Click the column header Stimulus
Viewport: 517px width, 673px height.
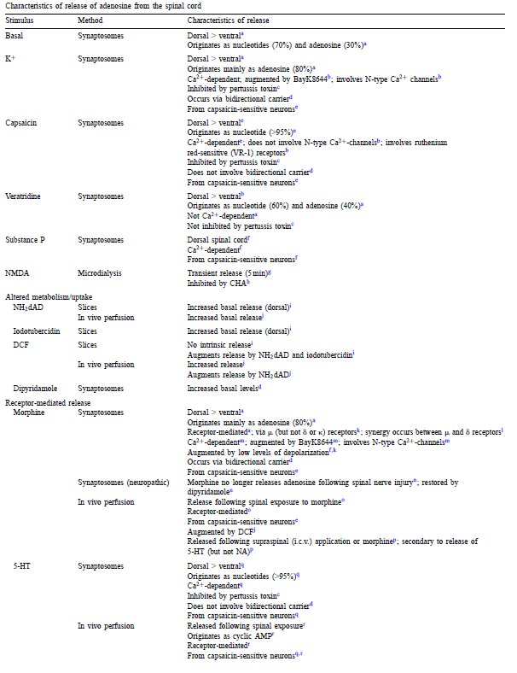click(19, 18)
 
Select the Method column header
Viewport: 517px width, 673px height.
click(90, 18)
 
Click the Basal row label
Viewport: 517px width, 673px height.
click(15, 35)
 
